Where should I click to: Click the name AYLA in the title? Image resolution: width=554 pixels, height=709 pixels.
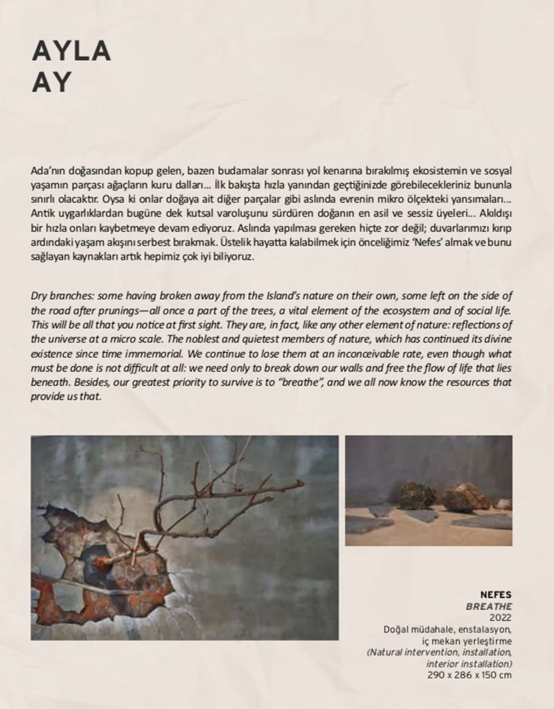(71, 52)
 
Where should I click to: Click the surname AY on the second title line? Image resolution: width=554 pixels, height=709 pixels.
(52, 82)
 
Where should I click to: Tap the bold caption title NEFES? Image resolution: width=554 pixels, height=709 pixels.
(496, 595)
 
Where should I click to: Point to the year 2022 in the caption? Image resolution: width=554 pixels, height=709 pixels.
(501, 618)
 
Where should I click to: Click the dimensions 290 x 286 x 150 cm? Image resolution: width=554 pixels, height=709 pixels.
(470, 674)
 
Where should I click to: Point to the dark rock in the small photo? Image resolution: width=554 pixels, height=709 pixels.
(416, 496)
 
